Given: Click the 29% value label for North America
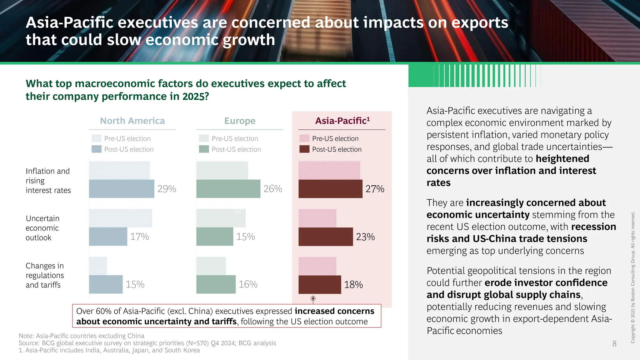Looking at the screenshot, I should pos(167,189).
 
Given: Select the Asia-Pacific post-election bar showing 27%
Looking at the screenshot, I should pos(330,189).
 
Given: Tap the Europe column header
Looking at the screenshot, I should pos(240,121).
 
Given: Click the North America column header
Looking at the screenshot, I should pos(132,121).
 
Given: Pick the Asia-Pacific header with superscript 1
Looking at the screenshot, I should pos(342,121).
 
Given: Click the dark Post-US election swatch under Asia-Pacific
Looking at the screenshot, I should pos(304,149).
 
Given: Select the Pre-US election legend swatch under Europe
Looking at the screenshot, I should pos(204,138).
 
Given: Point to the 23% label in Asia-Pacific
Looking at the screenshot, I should pos(365,237).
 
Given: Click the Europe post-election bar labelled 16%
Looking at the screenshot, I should pos(216,284).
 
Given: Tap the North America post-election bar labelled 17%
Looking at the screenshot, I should pos(108,237).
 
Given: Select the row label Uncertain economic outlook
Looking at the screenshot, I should pos(42,228).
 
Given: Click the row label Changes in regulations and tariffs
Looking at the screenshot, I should pos(45,275).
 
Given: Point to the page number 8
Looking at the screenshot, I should pos(614,344).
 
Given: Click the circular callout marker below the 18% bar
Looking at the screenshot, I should pos(313,298).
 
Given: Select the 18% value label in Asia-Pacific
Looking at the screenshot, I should pos(353,285).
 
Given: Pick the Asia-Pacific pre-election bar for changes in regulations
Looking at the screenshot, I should pos(317,266).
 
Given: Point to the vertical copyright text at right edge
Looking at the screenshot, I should pos(633,277).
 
